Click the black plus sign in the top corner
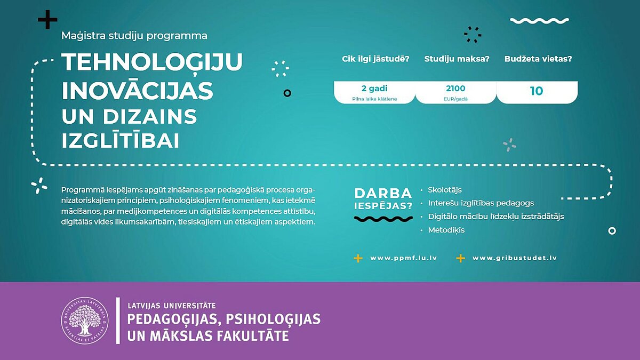point(47,19)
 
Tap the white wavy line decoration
point(539,21)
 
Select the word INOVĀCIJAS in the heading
point(138,90)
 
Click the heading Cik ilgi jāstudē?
point(375,59)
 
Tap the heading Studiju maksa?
point(457,59)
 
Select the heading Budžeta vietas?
point(538,59)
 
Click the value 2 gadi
point(374,89)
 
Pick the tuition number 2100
point(455,89)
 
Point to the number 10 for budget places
point(537,91)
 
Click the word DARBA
point(383,194)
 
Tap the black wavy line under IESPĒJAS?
point(383,219)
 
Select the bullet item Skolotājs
point(445,190)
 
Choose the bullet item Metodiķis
point(446,230)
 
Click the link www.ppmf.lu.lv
point(403,258)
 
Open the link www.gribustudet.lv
point(515,258)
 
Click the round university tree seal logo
point(85,321)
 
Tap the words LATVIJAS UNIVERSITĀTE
point(172,306)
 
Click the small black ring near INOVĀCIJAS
point(287,93)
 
